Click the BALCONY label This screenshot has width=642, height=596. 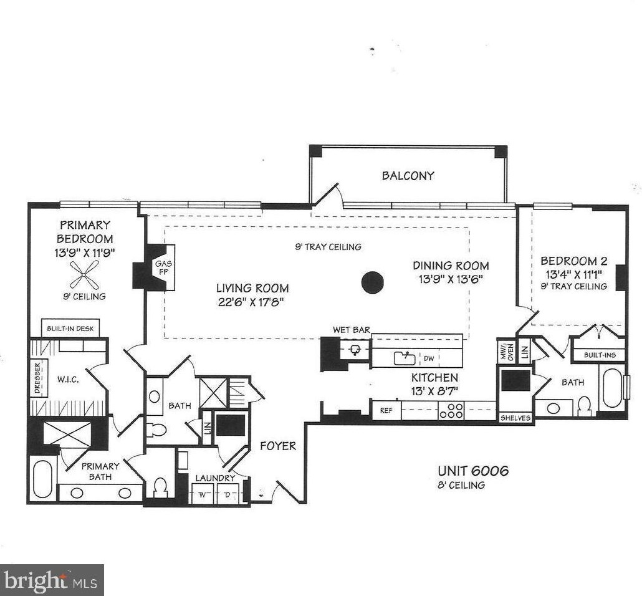[x=408, y=176]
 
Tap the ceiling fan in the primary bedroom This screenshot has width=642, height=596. [x=84, y=272]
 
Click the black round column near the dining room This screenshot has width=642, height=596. [x=372, y=282]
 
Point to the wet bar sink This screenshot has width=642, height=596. [x=356, y=350]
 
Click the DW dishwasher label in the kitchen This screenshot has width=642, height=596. [x=429, y=358]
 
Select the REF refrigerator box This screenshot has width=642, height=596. [x=386, y=411]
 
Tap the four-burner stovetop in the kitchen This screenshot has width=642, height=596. [x=451, y=411]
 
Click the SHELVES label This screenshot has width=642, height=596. [x=515, y=418]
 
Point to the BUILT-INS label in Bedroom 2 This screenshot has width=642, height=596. [x=600, y=355]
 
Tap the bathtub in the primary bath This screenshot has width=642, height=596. [x=43, y=479]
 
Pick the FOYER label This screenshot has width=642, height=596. [x=278, y=446]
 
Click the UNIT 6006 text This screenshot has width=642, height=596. [x=472, y=471]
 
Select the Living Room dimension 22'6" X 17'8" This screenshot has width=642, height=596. [x=252, y=301]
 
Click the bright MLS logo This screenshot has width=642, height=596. [x=52, y=580]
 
